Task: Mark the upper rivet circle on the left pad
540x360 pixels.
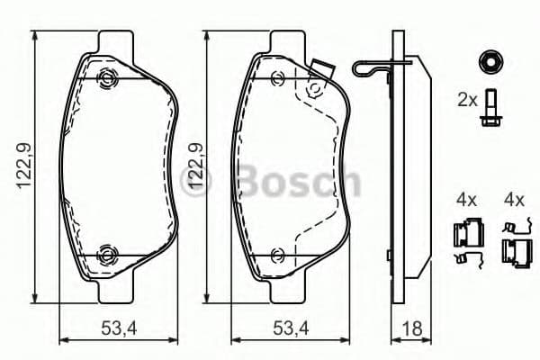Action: click(108, 77)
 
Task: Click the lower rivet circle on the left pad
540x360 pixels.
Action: click(108, 254)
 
